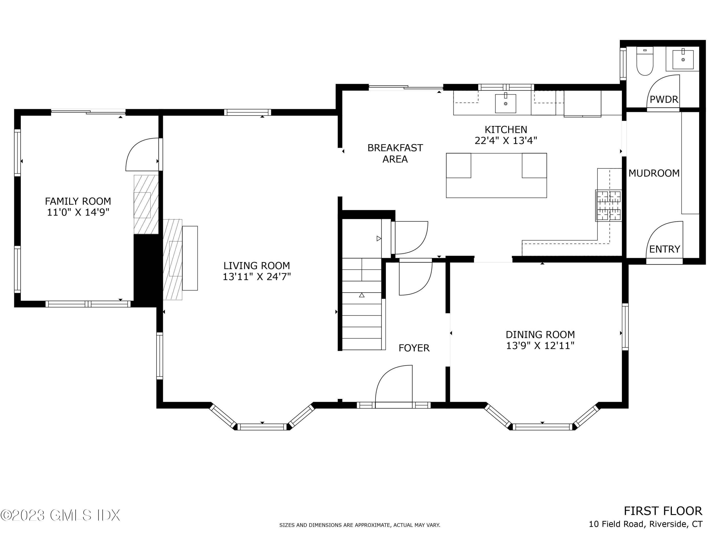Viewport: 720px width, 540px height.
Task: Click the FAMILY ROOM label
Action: point(78,201)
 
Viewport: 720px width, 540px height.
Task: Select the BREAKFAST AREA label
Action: point(395,153)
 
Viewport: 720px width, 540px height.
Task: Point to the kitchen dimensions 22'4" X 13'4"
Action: point(506,141)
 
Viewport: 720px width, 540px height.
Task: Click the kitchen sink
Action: point(505,103)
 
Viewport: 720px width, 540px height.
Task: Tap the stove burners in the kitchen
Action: point(609,206)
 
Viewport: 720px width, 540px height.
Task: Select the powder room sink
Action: point(683,59)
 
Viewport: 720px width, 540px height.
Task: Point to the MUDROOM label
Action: point(654,173)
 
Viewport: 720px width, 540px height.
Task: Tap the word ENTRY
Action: point(665,249)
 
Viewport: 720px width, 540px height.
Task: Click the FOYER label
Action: point(414,348)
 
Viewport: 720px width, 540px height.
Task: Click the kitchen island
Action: point(496,175)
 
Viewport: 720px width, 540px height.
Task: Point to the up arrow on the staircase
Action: point(362,295)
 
